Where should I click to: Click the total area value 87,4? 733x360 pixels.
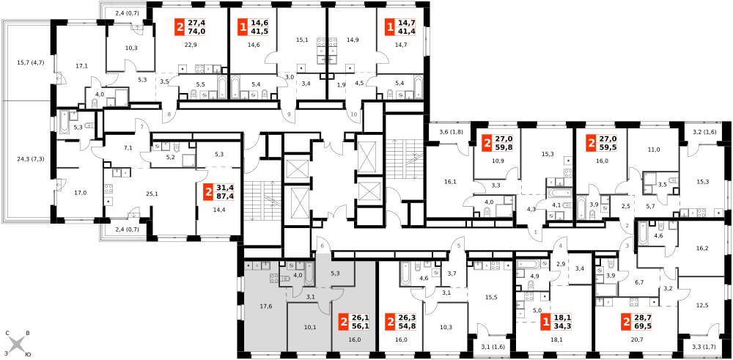225,196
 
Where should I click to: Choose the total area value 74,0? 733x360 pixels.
196,32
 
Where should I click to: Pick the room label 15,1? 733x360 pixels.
303,40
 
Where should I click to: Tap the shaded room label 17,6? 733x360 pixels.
266,306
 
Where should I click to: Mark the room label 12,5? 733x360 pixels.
702,306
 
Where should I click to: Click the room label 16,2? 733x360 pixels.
702,249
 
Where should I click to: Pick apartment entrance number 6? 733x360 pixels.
322,246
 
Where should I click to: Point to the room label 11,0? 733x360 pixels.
654,150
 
